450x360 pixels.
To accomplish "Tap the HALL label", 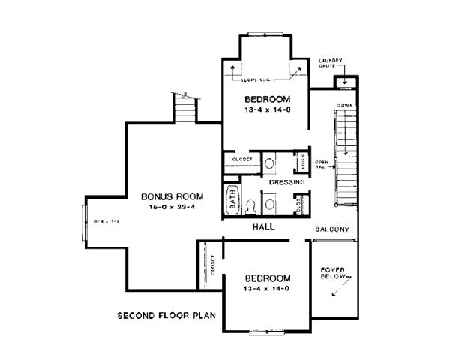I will click(x=262, y=226).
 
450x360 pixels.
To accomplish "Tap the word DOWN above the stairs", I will click(x=344, y=104).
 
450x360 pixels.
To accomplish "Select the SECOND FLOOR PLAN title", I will click(x=165, y=315).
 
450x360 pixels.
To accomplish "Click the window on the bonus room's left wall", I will click(x=84, y=222).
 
